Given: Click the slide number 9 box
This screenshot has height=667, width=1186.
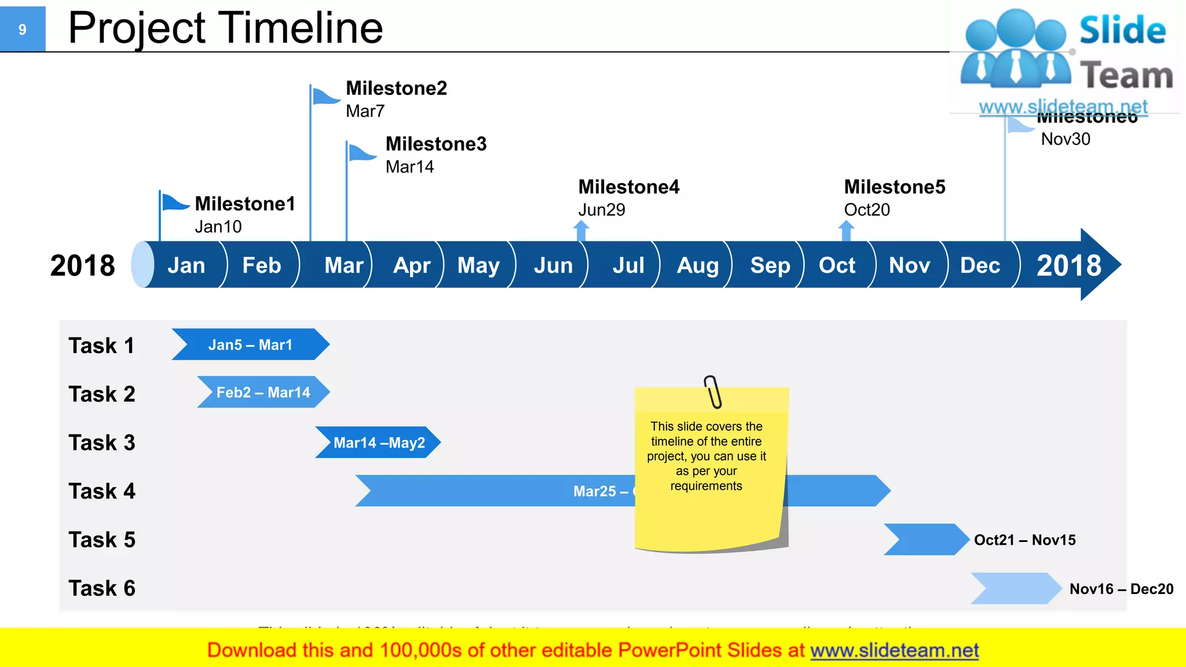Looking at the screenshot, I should coord(23,29).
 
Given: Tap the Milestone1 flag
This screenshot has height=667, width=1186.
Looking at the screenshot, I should coord(174,203).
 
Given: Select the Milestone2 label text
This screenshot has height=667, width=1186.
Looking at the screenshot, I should coord(396,89).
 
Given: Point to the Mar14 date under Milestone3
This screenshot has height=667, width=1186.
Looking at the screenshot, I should coord(409,167).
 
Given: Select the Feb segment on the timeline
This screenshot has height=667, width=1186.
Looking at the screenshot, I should coord(261,265).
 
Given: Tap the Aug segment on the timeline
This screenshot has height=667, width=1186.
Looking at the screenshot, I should coord(697,265).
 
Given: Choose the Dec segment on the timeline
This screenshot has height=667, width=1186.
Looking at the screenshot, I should coord(980,265).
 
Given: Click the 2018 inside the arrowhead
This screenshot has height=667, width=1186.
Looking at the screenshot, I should coord(1068,265).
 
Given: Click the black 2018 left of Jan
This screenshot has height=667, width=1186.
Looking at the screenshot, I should coord(83,265).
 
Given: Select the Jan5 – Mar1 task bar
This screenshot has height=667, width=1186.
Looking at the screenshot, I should coord(250,345).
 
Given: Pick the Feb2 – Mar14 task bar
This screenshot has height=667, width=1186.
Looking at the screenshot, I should coord(263,392).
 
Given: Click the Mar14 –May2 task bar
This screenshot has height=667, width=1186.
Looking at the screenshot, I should coord(379,442).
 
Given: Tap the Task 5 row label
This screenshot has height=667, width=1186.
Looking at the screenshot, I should coord(102,540).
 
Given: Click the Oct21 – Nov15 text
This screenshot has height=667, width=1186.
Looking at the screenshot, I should coord(1024,540).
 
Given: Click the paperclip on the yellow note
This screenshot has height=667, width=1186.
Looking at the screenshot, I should coord(713,391).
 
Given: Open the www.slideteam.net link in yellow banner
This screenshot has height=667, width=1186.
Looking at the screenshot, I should coord(894,650).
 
